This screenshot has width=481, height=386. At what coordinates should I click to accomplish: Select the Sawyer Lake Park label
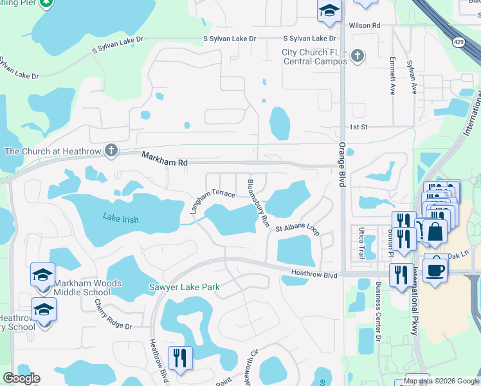185,288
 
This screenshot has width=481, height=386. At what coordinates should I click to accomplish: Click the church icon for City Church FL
357,57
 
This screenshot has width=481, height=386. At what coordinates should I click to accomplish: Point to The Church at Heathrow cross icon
111,151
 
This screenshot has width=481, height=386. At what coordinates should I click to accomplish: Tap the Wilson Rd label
365,25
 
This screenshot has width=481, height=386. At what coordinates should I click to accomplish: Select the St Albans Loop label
297,228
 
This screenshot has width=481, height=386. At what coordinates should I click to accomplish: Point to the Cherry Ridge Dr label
113,315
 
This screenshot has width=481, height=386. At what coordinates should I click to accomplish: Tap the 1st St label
358,127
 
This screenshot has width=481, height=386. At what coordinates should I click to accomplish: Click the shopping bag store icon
435,231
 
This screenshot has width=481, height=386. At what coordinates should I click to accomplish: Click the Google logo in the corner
21,378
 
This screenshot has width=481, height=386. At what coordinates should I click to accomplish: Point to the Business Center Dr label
378,311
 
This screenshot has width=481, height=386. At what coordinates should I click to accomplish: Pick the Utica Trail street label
361,244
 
